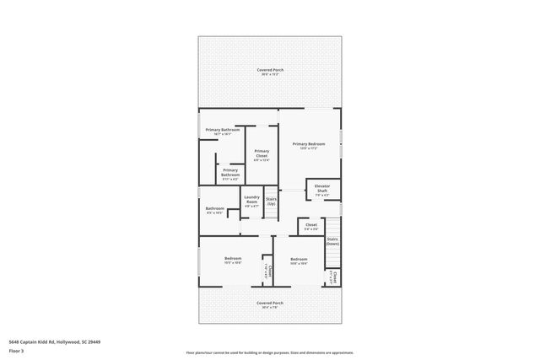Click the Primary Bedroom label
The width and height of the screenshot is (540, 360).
[309, 144]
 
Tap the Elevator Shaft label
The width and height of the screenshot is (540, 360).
[322, 187]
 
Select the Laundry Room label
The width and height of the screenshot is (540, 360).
[251, 199]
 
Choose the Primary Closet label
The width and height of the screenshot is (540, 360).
[262, 153]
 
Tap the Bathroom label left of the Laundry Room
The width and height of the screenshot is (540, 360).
[214, 208]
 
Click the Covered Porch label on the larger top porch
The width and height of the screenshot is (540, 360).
[270, 69]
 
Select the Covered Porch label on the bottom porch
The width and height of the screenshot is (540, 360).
[270, 302]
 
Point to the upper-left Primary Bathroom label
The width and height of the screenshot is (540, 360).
[222, 129]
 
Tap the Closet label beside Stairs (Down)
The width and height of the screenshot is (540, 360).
[311, 224]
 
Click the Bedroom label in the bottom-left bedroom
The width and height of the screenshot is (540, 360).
[233, 258]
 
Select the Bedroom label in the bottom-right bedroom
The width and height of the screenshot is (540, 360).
[299, 259]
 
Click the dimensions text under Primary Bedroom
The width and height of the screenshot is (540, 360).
[309, 149]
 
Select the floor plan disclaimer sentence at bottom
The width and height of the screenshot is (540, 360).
[270, 352]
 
